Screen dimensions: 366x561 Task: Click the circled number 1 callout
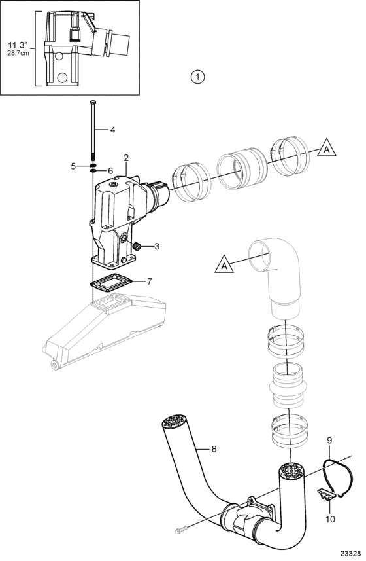tap(198, 77)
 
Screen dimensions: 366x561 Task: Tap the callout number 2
tap(125, 157)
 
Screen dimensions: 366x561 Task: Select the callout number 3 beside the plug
tap(157, 246)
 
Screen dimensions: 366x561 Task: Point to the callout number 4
tap(112, 130)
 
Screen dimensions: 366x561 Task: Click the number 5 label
tap(73, 166)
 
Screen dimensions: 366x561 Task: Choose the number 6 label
tap(110, 171)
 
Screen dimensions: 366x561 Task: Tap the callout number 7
tap(149, 281)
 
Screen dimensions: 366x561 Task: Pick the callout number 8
tap(214, 448)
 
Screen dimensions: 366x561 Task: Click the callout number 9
tap(329, 439)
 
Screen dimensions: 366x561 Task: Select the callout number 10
tap(330, 518)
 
